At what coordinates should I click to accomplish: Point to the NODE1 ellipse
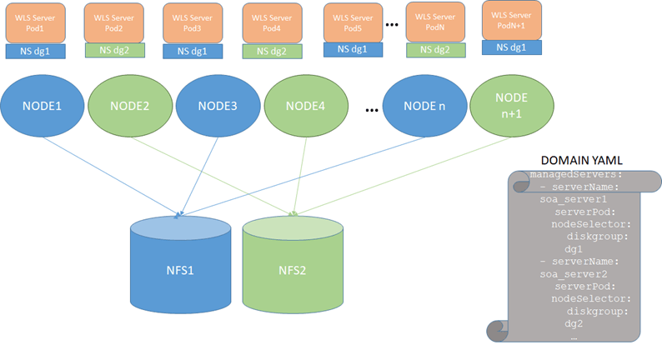tap(37, 107)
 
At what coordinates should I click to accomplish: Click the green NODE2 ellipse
tap(128, 107)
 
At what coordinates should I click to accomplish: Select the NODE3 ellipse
tap(218, 107)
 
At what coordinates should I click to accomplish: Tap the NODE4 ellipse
tap(308, 107)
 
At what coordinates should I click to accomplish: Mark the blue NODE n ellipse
tap(426, 107)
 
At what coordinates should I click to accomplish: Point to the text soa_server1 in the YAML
tap(573, 200)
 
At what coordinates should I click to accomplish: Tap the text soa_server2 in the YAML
tap(573, 273)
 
